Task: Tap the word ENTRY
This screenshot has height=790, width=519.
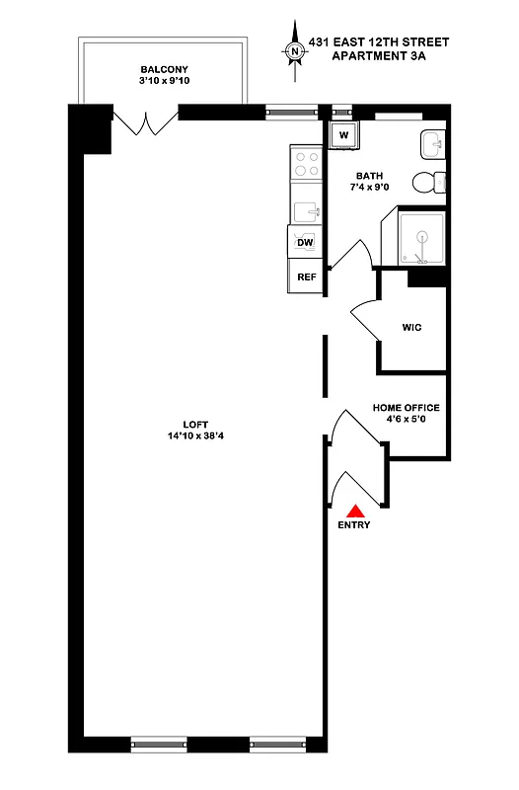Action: point(354,525)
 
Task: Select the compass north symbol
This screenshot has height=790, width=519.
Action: point(293,50)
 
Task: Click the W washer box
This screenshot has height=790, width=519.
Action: point(344,134)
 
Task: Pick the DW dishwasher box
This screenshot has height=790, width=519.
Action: point(305,242)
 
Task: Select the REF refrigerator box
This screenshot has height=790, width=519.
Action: point(306,277)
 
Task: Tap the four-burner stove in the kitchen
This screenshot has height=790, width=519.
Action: point(306,164)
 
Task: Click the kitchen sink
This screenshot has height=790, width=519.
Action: point(306,209)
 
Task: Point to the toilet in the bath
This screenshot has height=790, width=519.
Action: point(427,183)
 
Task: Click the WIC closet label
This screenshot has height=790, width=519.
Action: point(411,327)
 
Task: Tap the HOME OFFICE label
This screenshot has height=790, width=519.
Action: point(406,408)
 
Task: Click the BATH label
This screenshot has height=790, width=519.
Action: point(369,174)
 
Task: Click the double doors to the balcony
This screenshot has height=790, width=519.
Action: point(147,124)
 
